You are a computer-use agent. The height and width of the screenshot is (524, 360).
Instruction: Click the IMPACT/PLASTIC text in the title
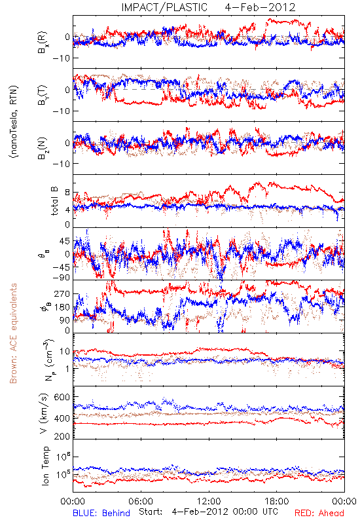pyautogui.click(x=164, y=7)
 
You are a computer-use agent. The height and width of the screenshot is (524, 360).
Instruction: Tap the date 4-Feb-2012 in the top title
pyautogui.click(x=260, y=7)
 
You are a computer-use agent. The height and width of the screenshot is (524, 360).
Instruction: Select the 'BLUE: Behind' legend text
pyautogui.click(x=101, y=513)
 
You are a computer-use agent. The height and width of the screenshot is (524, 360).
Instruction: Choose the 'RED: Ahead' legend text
pyautogui.click(x=319, y=513)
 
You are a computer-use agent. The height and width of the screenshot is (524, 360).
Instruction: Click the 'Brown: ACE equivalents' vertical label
pyautogui.click(x=13, y=333)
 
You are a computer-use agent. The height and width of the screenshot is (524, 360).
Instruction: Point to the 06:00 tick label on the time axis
pyautogui.click(x=141, y=501)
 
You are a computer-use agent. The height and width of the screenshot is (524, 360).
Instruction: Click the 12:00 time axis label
pyautogui.click(x=209, y=501)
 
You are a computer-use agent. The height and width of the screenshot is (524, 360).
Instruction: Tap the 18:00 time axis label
pyautogui.click(x=277, y=501)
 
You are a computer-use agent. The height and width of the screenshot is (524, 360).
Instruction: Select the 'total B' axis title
pyautogui.click(x=54, y=201)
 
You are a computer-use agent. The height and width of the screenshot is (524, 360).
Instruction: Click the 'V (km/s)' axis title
pyautogui.click(x=44, y=413)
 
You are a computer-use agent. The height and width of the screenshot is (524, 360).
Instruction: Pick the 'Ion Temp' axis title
pyautogui.click(x=45, y=466)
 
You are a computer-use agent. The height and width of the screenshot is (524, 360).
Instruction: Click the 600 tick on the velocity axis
pyautogui.click(x=62, y=397)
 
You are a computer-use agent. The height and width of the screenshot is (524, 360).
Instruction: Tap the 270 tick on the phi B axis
pyautogui.click(x=63, y=293)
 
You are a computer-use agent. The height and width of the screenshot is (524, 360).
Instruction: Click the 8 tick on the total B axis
pyautogui.click(x=67, y=193)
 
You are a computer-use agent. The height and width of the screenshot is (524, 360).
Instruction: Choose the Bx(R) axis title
pyautogui.click(x=43, y=43)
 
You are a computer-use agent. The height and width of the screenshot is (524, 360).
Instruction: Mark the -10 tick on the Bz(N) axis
pyautogui.click(x=61, y=163)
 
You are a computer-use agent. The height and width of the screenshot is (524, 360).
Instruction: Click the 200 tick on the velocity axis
pyautogui.click(x=62, y=436)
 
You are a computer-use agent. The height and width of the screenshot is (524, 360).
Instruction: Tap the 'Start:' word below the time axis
pyautogui.click(x=151, y=512)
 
